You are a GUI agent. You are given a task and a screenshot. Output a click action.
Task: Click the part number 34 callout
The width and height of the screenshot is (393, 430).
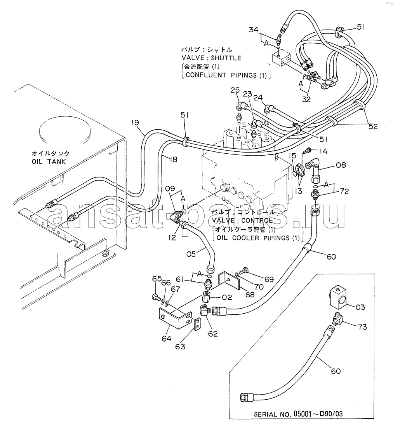coord(254,30)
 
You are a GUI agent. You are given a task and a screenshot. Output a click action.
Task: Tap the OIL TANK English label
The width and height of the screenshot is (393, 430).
coord(49,161)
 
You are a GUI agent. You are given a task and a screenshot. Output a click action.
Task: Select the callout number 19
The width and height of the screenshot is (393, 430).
coord(135,123)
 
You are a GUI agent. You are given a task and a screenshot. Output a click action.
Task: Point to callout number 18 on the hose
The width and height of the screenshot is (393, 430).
coord(173,159)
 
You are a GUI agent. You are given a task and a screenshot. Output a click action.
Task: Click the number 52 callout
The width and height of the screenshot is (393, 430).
coord(373,126)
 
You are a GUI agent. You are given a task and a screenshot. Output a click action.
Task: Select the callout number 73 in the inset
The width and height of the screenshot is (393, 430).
coord(362,327)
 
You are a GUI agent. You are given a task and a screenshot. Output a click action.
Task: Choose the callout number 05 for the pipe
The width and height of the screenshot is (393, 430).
coord(191,254)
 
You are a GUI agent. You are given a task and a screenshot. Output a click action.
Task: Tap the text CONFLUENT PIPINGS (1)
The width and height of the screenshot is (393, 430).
coord(226,75)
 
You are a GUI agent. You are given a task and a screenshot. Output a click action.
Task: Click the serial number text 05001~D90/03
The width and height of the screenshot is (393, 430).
coord(317,414)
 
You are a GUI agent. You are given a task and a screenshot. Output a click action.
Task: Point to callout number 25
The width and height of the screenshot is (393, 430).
coord(235,90)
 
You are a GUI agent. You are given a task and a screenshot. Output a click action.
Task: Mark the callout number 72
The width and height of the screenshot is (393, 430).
coord(344,191)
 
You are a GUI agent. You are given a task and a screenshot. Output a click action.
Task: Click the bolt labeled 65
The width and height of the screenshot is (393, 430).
coord(156,297)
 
